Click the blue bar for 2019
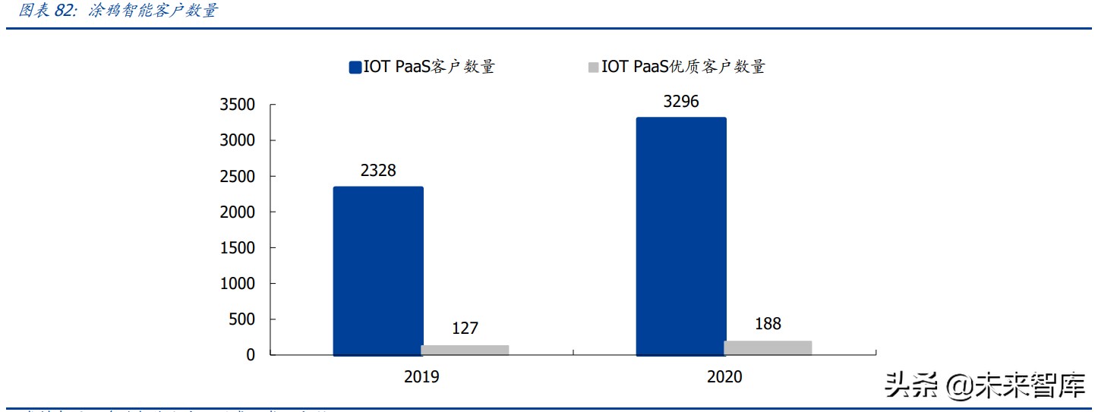click(x=378, y=271)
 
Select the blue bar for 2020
click(x=681, y=236)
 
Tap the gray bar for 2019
click(x=465, y=350)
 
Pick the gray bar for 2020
click(x=768, y=348)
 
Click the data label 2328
click(x=378, y=171)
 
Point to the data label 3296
click(x=681, y=102)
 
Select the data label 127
click(x=465, y=329)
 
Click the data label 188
click(x=768, y=324)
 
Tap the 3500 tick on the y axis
click(x=238, y=105)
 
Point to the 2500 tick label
click(x=238, y=177)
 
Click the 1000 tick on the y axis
click(x=238, y=284)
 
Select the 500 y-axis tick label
click(x=242, y=319)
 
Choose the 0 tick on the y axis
click(x=251, y=355)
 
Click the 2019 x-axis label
click(x=421, y=377)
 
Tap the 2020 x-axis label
click(x=724, y=377)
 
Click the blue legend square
click(x=355, y=68)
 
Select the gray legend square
click(x=593, y=68)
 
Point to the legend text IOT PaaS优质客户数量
click(x=683, y=67)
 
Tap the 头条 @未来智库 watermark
click(x=985, y=387)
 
